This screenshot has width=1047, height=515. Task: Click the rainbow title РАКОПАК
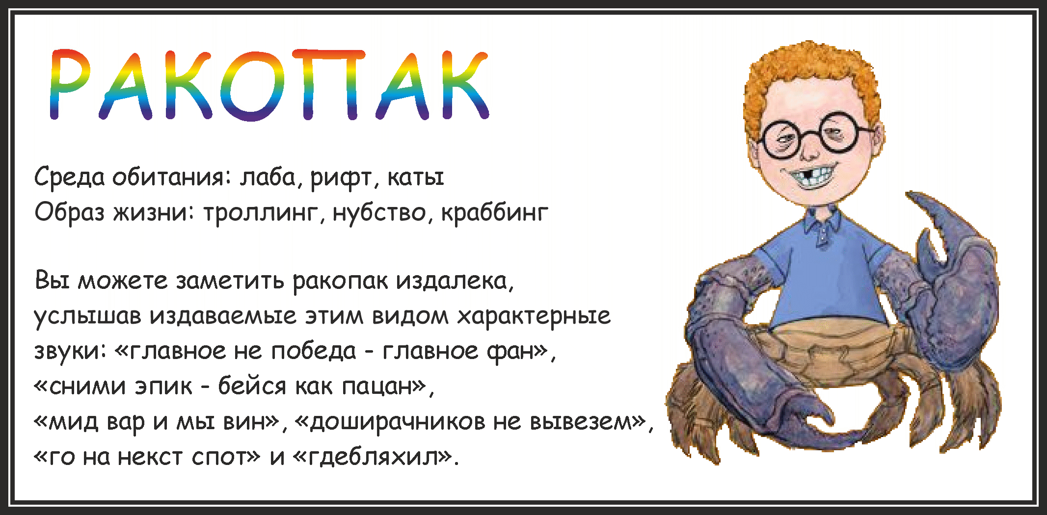pyautogui.click(x=269, y=84)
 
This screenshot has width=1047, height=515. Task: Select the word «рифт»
pyautogui.click(x=342, y=178)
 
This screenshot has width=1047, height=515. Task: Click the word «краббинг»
pyautogui.click(x=494, y=212)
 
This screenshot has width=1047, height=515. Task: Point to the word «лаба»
pyautogui.click(x=268, y=177)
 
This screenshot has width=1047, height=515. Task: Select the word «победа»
pyautogui.click(x=313, y=350)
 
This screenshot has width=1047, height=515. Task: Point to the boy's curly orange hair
pyautogui.click(x=810, y=74)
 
